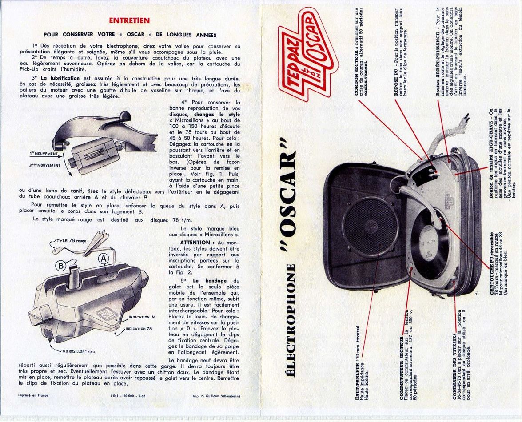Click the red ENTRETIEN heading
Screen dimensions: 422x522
[x=129, y=20]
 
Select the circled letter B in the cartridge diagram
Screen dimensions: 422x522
[x=61, y=266]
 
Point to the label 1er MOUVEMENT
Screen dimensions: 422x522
[x=44, y=154]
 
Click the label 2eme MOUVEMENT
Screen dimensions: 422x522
[x=45, y=165]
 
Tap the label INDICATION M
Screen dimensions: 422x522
[x=142, y=317]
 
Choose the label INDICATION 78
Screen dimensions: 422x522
[x=140, y=329]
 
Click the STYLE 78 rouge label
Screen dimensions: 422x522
[x=70, y=241]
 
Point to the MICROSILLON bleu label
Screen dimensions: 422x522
[x=76, y=351]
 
